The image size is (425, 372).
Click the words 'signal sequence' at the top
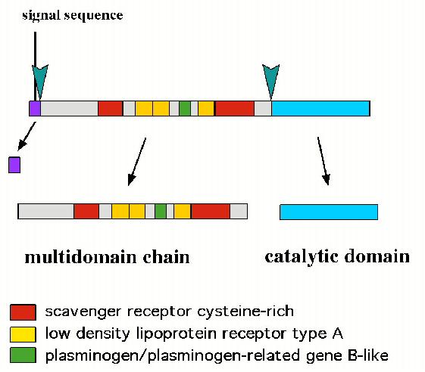pos(73,15)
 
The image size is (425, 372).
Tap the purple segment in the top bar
pos(35,108)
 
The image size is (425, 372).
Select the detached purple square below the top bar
pos(14,165)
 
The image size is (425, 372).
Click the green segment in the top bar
pos(185,108)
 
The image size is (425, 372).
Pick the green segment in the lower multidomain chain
pos(161,211)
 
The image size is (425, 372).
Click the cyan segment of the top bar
pos(321,108)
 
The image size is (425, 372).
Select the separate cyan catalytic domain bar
pos(329,212)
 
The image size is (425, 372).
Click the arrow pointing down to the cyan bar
pos(323,161)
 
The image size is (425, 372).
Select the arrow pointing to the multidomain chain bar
pos(137,162)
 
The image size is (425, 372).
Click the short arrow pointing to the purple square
pos(27,136)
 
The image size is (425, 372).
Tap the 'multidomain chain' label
pos(107,257)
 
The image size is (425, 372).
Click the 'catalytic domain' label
pos(337,256)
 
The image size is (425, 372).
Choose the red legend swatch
pos(23,312)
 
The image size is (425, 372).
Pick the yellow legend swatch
pos(23,334)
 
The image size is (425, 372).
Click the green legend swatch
pos(23,355)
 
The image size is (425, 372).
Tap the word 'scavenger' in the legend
pos(83,312)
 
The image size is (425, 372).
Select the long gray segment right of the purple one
pos(70,108)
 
